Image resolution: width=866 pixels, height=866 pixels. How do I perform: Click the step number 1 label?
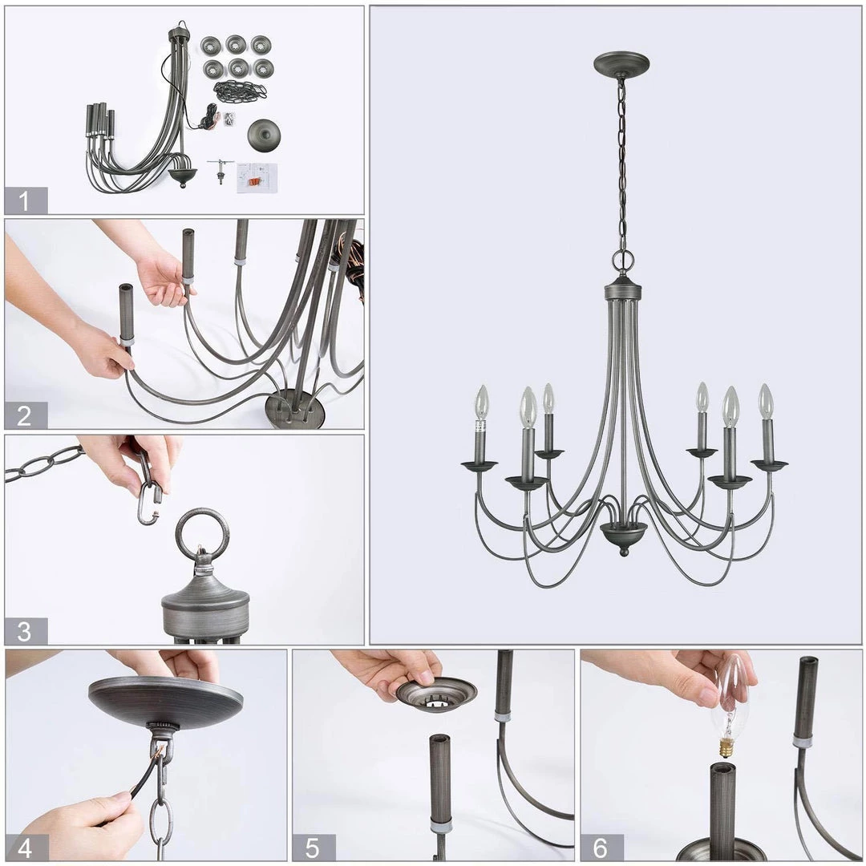click(x=24, y=201)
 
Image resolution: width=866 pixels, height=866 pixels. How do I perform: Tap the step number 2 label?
click(x=24, y=416)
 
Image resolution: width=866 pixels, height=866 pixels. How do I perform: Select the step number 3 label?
click(x=24, y=631)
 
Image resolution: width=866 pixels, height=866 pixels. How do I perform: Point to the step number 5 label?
click(x=313, y=848)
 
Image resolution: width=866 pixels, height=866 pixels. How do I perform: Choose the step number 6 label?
click(x=601, y=848)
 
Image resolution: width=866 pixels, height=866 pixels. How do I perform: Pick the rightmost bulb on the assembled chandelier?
click(x=766, y=402)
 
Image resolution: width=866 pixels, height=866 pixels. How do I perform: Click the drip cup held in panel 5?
click(x=435, y=694)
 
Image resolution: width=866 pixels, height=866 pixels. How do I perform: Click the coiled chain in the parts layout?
click(x=241, y=91)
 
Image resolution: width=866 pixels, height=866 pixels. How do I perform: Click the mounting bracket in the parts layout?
click(x=221, y=170)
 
